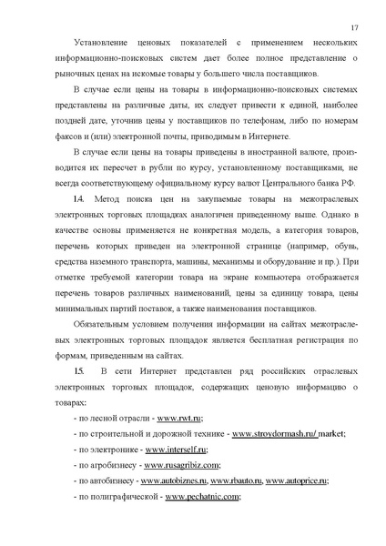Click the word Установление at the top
(90, 42)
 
